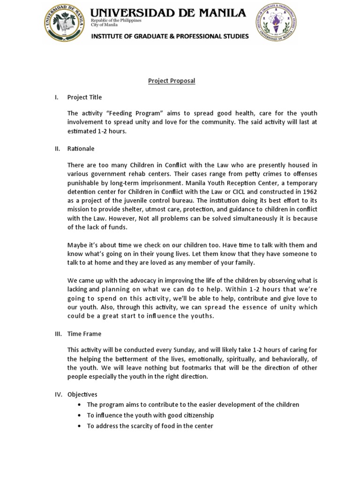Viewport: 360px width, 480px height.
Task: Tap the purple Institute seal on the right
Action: (276, 23)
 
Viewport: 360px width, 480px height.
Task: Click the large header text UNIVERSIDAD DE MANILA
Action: (168, 13)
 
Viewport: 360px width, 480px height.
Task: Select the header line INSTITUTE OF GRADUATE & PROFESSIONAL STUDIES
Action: (170, 36)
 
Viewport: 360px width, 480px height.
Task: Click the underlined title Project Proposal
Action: (172, 81)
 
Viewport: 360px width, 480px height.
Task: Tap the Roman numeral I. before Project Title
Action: (56, 97)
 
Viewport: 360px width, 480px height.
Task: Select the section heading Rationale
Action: (81, 149)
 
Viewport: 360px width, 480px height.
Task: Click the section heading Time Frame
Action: (84, 334)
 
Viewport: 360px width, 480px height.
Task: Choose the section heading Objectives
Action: (82, 394)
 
